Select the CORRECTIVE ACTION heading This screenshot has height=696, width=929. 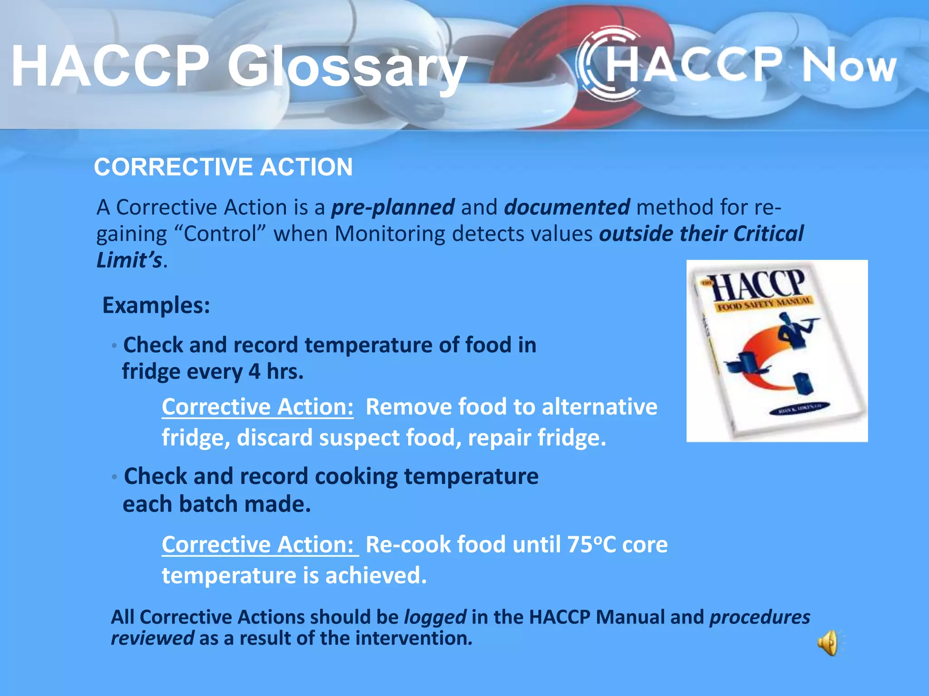(223, 167)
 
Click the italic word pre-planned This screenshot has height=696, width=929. (393, 208)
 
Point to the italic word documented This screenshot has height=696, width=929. (567, 208)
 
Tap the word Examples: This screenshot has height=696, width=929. (156, 305)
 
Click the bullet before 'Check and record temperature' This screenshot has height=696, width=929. (114, 346)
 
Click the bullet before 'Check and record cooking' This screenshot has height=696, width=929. (114, 477)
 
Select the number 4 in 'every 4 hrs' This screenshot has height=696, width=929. (254, 372)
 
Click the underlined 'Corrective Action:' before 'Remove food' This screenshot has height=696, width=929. (258, 407)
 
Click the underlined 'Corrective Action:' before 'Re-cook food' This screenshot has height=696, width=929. (259, 545)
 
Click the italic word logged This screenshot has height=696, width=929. (435, 618)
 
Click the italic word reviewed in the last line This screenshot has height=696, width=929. (152, 638)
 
